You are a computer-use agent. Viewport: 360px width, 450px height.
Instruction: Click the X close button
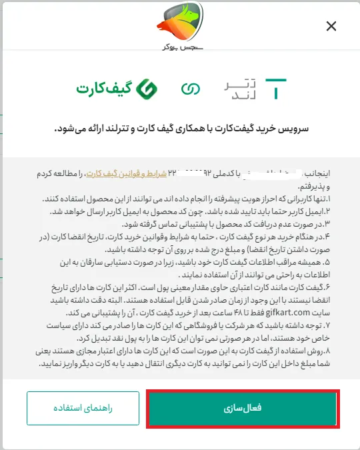coord(331,27)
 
